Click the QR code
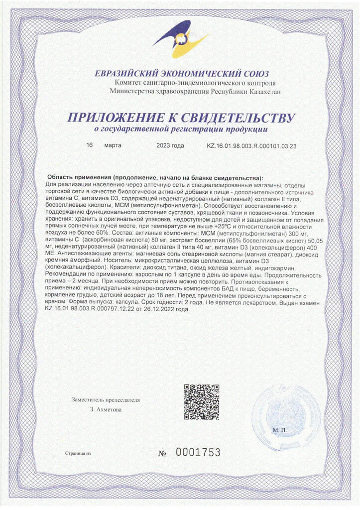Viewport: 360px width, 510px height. [x=201, y=401]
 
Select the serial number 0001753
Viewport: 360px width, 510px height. [x=198, y=453]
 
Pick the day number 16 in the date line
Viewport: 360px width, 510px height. [x=90, y=146]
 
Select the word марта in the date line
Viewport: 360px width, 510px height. [x=113, y=146]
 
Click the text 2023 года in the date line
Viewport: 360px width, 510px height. [x=170, y=146]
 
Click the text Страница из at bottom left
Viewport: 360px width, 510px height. [x=79, y=454]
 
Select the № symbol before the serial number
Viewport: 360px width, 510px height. [x=163, y=454]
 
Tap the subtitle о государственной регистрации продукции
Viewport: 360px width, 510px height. [x=181, y=130]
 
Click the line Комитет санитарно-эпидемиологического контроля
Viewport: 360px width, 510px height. [x=195, y=83]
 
